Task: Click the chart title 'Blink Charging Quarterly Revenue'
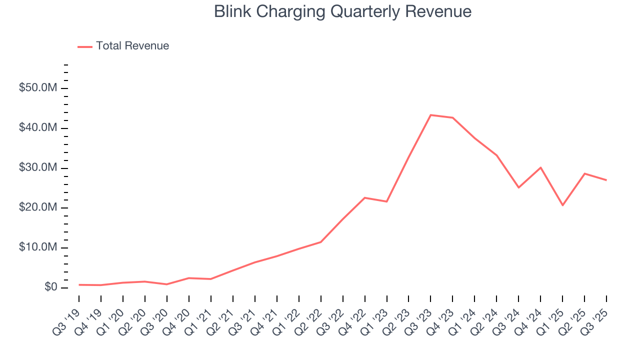tap(342, 11)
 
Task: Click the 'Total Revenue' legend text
tap(132, 46)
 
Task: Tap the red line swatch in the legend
tap(85, 46)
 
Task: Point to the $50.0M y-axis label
tap(38, 88)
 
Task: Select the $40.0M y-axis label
tap(38, 128)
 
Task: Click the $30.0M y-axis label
tap(38, 168)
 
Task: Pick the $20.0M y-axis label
tap(38, 208)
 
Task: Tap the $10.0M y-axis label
tap(38, 248)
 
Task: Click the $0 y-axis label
tap(50, 287)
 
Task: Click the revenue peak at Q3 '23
tap(431, 115)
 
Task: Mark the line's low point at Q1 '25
tap(562, 205)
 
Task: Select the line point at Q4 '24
tap(540, 167)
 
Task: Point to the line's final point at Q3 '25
tap(606, 180)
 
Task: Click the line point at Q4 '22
tap(365, 198)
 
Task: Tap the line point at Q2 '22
tap(321, 242)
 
